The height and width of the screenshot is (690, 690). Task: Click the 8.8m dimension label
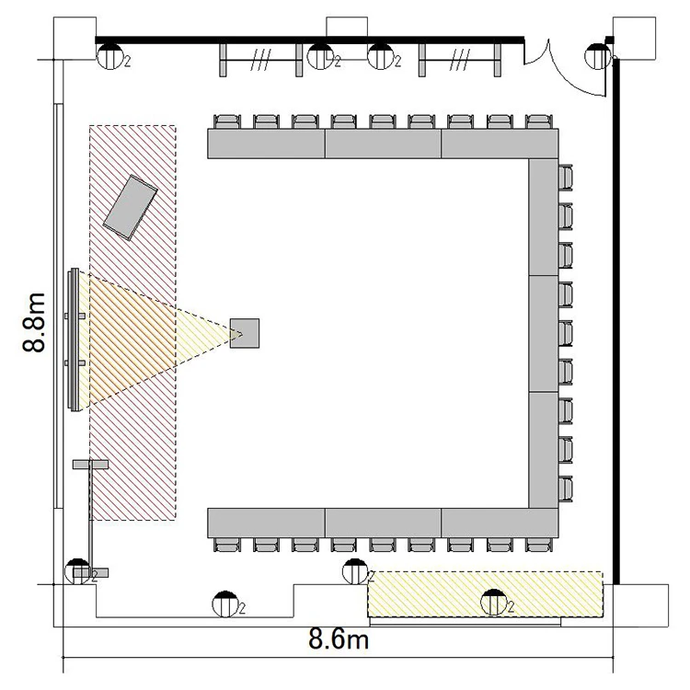34,322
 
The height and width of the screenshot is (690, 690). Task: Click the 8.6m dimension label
339,638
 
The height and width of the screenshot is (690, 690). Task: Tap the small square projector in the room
245,333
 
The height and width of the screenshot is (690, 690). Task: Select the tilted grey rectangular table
131,208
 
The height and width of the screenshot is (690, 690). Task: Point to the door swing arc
568,75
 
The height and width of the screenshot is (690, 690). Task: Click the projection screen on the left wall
74,339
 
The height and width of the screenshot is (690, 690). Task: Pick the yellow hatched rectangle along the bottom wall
486,594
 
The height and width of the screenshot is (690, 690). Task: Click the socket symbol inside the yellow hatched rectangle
494,602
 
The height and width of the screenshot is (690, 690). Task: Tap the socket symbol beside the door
598,56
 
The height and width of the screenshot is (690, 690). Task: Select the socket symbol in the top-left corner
110,56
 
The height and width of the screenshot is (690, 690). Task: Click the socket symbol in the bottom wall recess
224,604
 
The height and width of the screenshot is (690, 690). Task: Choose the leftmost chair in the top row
227,121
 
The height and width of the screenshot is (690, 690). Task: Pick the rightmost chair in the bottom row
539,545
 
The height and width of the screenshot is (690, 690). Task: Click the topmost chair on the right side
566,178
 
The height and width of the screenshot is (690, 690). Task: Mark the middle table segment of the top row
383,144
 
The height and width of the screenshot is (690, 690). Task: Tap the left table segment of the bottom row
266,523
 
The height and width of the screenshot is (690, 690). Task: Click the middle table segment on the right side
544,334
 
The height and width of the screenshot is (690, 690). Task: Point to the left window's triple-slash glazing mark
260,60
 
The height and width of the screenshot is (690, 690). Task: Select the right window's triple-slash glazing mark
459,60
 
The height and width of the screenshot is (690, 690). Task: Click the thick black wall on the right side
616,321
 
